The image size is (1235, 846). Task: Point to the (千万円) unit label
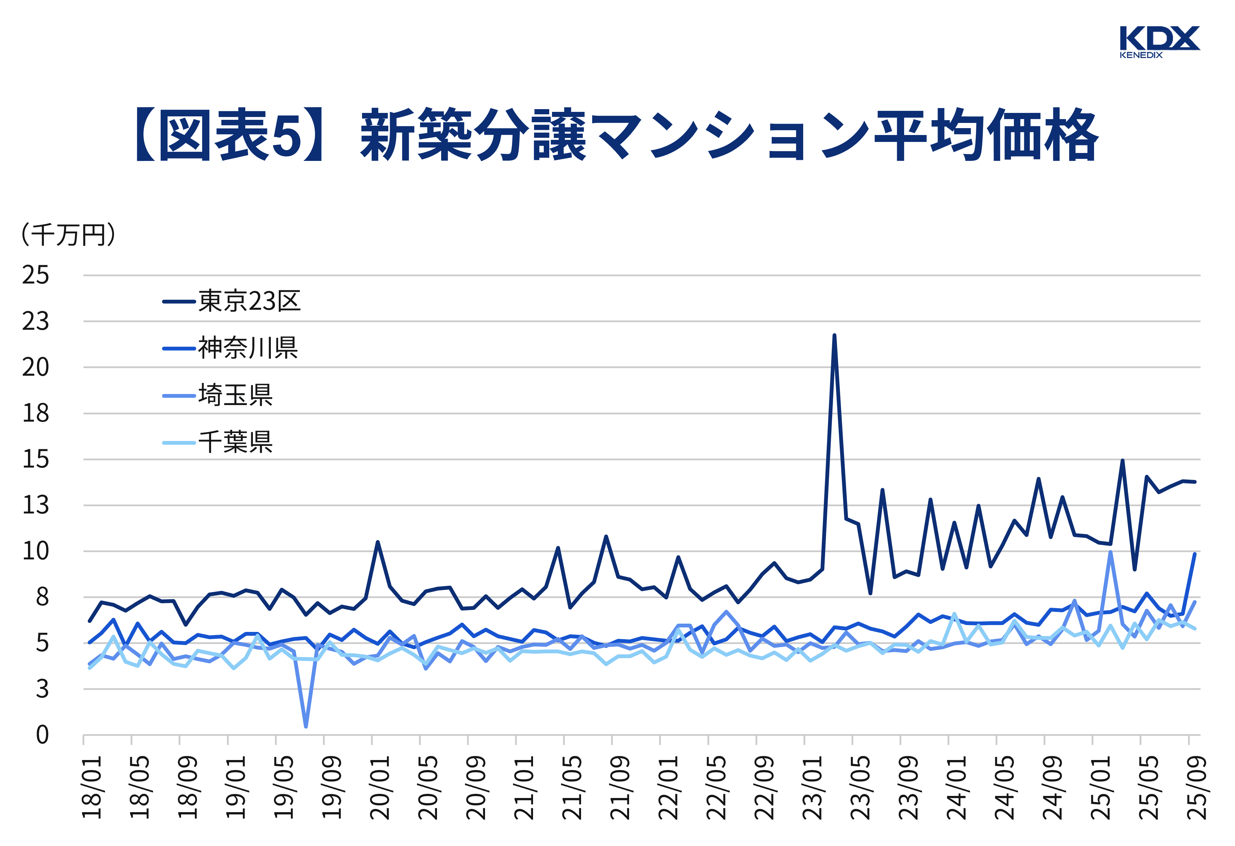(x=68, y=234)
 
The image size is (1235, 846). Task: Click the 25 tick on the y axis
(x=36, y=275)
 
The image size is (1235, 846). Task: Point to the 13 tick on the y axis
(x=36, y=505)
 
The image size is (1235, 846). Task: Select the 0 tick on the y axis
(x=42, y=735)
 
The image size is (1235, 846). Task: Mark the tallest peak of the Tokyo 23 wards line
(x=834, y=335)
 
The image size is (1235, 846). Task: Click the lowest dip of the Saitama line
(x=306, y=726)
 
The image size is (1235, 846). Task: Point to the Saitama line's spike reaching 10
(x=1110, y=552)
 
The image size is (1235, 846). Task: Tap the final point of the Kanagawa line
(x=1195, y=554)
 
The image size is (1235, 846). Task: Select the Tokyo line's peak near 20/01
(x=377, y=542)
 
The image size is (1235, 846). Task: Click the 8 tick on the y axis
(x=42, y=597)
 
